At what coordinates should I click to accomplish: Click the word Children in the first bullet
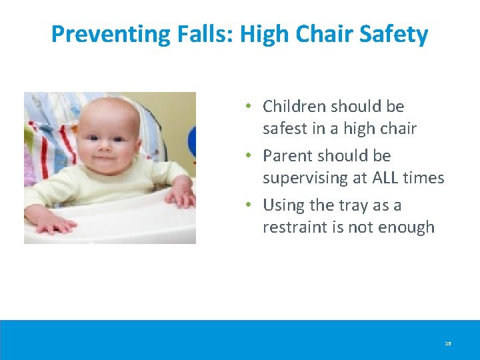pyautogui.click(x=293, y=106)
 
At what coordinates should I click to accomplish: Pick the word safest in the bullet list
pyautogui.click(x=285, y=128)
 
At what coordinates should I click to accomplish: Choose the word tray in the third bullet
pyautogui.click(x=353, y=205)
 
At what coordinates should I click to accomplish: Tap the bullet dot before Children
pyautogui.click(x=247, y=107)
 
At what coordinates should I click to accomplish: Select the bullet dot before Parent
pyautogui.click(x=247, y=156)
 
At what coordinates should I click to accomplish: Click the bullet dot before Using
pyautogui.click(x=247, y=205)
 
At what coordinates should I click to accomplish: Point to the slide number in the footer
pyautogui.click(x=448, y=344)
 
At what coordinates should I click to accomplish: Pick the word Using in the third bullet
pyautogui.click(x=283, y=205)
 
